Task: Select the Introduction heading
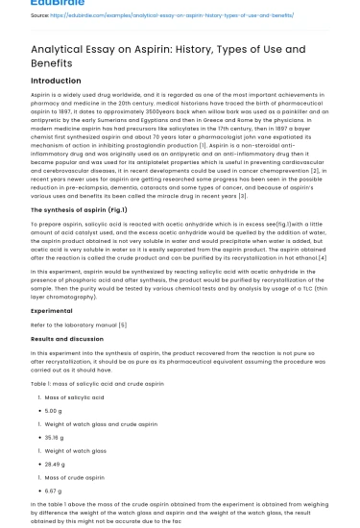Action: point(56,83)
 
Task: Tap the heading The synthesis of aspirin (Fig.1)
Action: point(80,209)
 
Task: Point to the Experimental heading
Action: point(51,311)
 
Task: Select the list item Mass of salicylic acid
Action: point(78,396)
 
